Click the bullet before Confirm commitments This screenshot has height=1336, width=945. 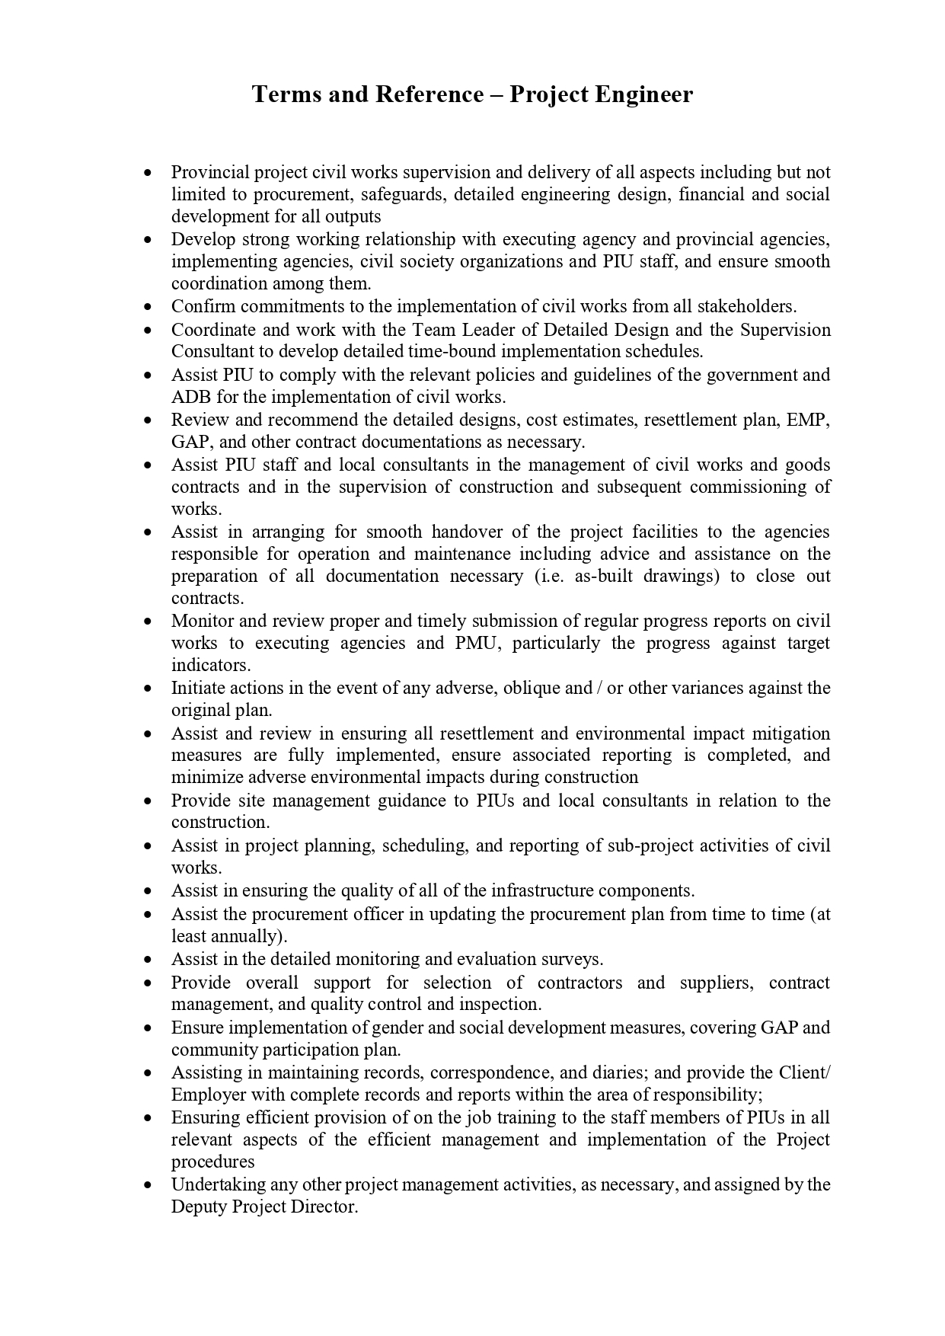click(x=148, y=307)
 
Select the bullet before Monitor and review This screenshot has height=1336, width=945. click(x=148, y=622)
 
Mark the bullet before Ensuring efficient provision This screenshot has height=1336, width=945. click(x=148, y=1118)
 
